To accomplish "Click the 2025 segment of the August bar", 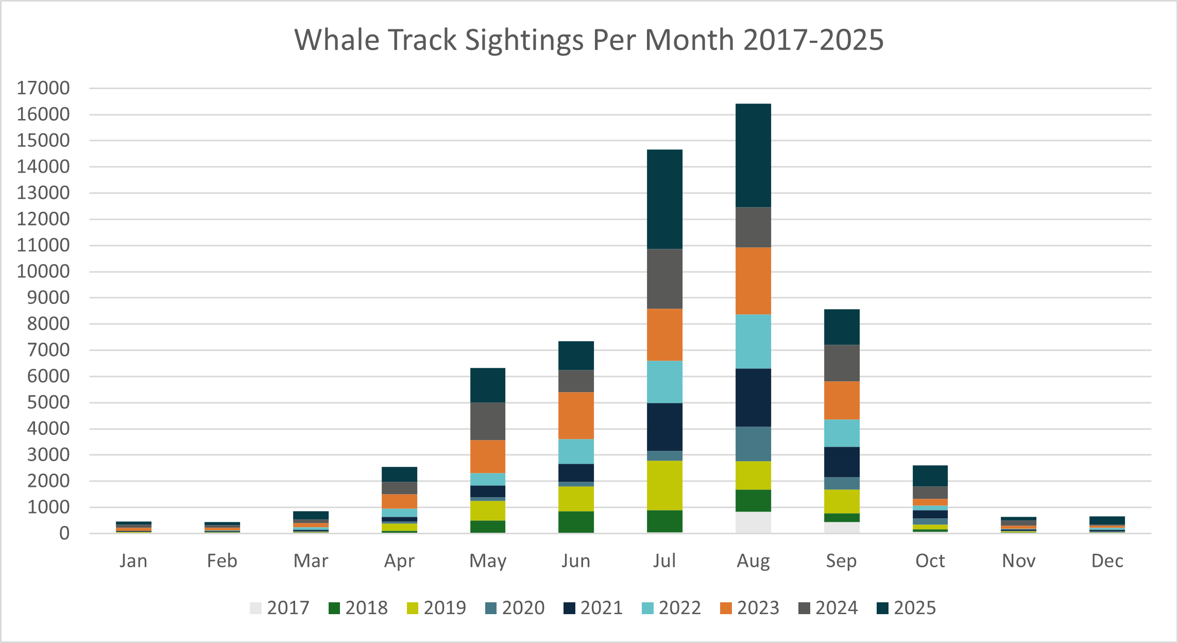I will [x=753, y=156].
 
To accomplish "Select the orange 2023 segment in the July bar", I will [x=664, y=334].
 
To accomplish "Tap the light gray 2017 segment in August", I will [x=753, y=522].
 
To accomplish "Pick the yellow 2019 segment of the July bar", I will [x=664, y=485].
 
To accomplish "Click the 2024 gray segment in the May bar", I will [x=487, y=421].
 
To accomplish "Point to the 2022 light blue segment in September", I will [x=842, y=433].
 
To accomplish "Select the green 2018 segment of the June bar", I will [x=576, y=521].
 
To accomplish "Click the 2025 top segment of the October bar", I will [x=930, y=476].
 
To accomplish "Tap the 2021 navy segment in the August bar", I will [x=753, y=397].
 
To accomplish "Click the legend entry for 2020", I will [x=515, y=608].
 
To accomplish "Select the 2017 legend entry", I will [x=280, y=608].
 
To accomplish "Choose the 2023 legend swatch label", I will [x=750, y=608].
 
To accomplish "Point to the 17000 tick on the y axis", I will [x=43, y=88].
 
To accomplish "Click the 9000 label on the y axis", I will [x=48, y=298].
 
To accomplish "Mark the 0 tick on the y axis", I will [x=64, y=533].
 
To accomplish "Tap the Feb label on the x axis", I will [x=222, y=561].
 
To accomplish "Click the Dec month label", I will [x=1107, y=561].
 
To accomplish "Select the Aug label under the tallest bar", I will [x=753, y=561].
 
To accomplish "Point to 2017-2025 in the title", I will [x=813, y=40].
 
